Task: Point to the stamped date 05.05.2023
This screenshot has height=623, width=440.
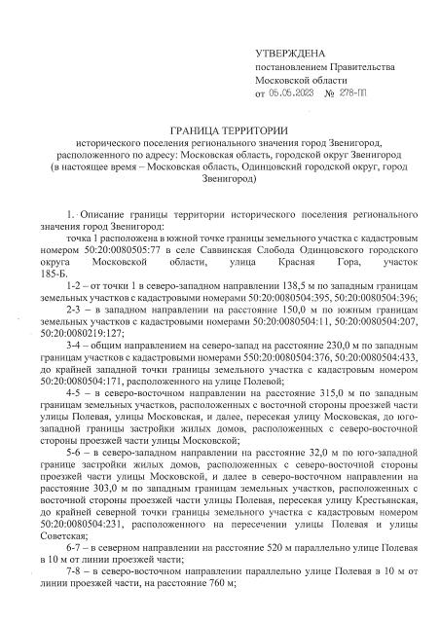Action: click(294, 93)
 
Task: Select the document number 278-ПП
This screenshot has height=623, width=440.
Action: click(356, 93)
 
